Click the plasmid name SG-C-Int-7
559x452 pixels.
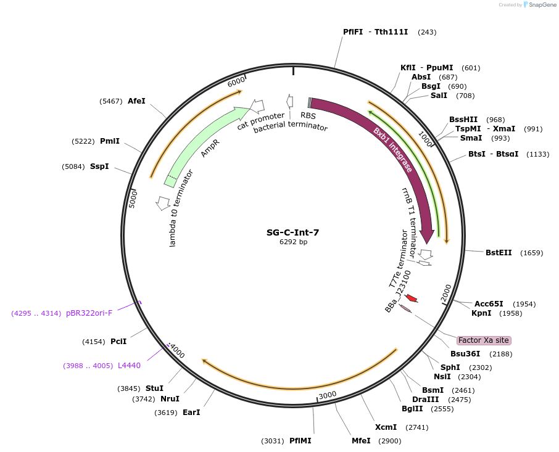292,232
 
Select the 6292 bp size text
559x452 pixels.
292,242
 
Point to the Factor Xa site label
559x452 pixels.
484,340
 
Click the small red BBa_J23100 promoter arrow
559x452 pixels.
411,298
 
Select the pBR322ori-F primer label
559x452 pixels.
89,313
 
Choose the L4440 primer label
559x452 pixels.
129,366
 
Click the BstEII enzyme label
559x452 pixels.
499,253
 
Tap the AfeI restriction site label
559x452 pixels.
136,101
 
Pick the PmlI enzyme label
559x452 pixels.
110,141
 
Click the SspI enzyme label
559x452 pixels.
99,166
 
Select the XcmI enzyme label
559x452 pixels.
386,427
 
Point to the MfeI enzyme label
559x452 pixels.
361,441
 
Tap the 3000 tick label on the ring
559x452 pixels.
327,395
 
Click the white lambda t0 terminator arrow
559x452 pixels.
164,202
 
